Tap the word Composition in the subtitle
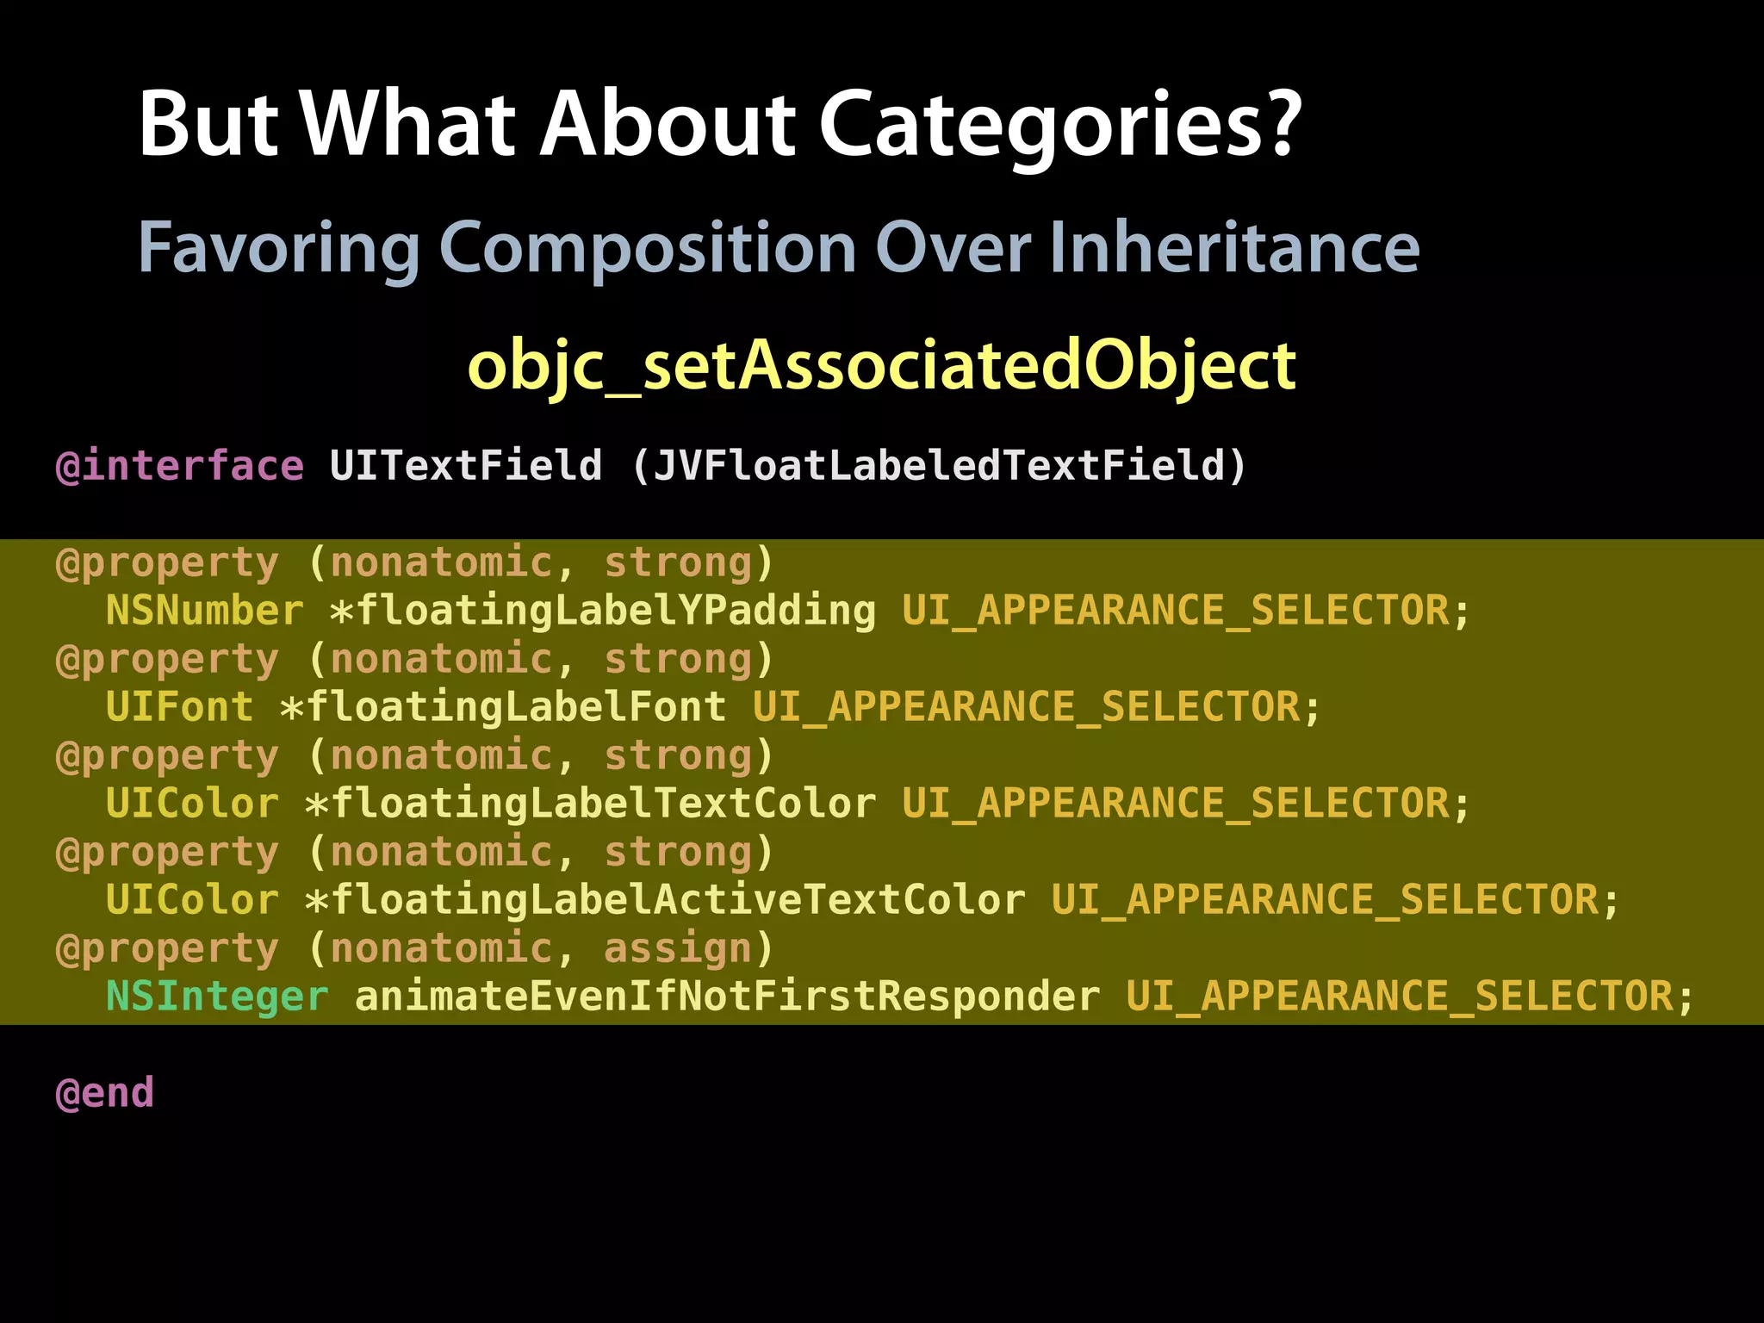point(648,248)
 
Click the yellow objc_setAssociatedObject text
point(881,366)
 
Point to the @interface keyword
point(179,466)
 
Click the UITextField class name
point(465,466)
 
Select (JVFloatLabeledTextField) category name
point(939,466)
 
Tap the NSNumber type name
point(204,611)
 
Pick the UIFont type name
point(179,707)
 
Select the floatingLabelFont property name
point(516,707)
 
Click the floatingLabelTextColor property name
point(603,804)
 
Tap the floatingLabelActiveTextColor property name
point(678,900)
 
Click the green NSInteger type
point(217,997)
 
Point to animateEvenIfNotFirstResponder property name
point(727,997)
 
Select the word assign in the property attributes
point(678,948)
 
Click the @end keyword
point(104,1093)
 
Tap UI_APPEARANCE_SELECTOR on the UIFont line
point(1026,707)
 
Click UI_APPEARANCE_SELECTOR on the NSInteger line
point(1400,997)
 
